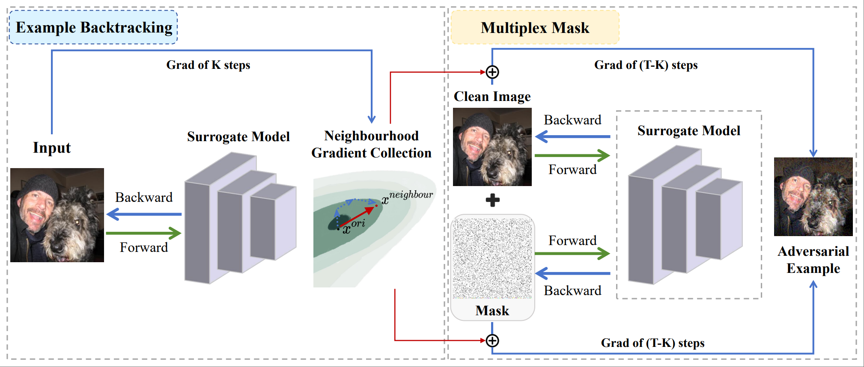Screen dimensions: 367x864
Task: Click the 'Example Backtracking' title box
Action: (x=93, y=27)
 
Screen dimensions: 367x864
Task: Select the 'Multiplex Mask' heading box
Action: (x=535, y=28)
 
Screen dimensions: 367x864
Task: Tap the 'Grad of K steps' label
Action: (x=208, y=65)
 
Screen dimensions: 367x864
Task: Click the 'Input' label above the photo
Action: (x=52, y=148)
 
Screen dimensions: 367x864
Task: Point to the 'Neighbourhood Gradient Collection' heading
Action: (x=371, y=144)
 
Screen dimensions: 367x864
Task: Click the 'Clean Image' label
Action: (x=492, y=97)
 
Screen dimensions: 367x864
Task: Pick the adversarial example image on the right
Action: (x=813, y=196)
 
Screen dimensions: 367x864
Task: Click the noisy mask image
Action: (x=492, y=258)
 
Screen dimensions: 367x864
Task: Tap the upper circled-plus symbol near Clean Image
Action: (x=492, y=72)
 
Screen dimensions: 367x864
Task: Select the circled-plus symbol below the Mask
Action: (x=492, y=340)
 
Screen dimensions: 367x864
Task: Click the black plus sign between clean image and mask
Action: (x=493, y=200)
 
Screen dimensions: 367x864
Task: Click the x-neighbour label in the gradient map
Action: (x=407, y=197)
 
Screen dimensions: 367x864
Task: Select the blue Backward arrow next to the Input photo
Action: (x=144, y=214)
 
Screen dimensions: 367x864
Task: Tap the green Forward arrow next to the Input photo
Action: (x=144, y=233)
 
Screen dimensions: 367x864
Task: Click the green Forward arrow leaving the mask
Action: (x=572, y=253)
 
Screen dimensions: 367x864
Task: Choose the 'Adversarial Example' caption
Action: (x=813, y=260)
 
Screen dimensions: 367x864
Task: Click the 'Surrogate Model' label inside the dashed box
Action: (x=688, y=130)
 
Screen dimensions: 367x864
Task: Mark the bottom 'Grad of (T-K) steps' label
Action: (x=652, y=343)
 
